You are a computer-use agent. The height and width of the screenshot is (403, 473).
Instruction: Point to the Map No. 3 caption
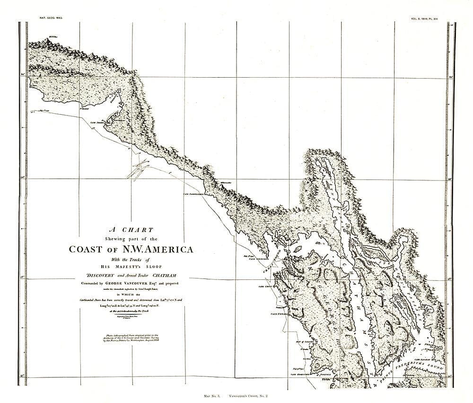coord(212,394)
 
